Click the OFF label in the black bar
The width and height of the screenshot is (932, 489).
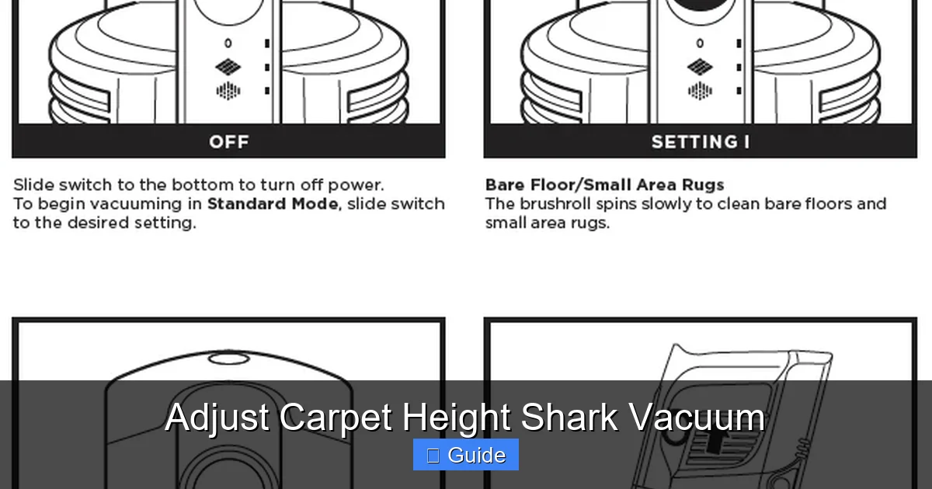[x=228, y=142]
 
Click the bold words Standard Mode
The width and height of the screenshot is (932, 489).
[x=272, y=204]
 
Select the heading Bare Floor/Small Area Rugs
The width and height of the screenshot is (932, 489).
[x=604, y=185]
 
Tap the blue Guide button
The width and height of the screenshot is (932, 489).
[x=466, y=455]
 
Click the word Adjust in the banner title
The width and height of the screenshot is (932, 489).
[x=218, y=418]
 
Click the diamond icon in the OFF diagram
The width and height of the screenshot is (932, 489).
[x=228, y=68]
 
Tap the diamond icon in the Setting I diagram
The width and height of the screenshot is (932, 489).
[x=700, y=68]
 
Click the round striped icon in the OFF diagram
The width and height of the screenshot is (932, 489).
[x=228, y=92]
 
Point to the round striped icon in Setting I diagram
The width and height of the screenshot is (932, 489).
[x=700, y=92]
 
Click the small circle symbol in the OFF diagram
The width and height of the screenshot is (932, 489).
[x=228, y=43]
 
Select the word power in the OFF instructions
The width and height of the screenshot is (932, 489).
[x=361, y=186]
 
